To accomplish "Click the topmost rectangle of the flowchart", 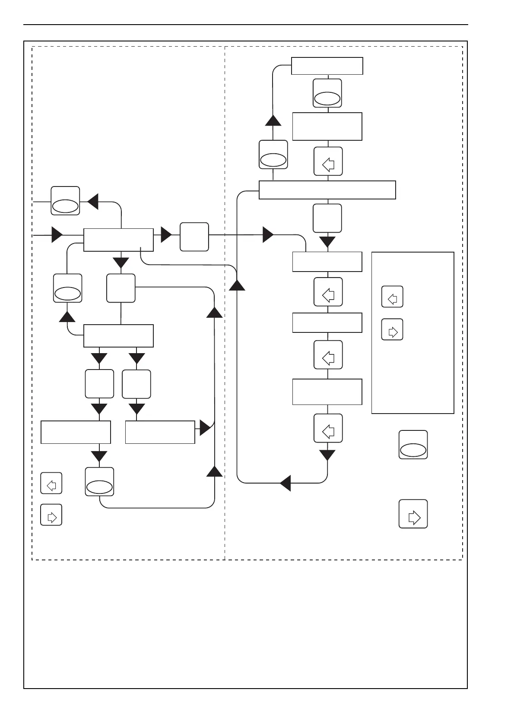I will pos(327,66).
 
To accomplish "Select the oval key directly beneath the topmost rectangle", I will pos(327,93).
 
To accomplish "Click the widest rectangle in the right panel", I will pos(327,190).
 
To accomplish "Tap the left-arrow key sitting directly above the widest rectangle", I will pos(328,161).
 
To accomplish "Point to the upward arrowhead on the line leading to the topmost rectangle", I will pos(273,120).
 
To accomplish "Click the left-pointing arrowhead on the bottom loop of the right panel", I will pos(285,483).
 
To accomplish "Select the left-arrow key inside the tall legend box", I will pos(392,297).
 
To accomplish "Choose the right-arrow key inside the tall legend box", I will pos(392,329).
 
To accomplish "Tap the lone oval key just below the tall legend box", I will pos(413,445).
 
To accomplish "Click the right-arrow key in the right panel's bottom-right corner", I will pos(413,514).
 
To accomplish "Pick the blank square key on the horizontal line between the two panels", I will pos(194,237).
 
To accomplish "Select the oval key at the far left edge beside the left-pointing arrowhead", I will pos(65,201).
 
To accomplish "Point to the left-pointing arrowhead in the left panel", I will pos(93,201).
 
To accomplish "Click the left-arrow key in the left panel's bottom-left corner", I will pos(51,484).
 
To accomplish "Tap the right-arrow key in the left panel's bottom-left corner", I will pos(51,515).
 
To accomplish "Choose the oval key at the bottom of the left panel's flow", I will pos(100,482).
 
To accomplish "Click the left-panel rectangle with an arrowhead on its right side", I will pos(160,432).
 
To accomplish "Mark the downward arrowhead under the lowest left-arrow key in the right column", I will pos(327,455).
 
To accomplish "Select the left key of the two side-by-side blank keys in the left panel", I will pos(99,384).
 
